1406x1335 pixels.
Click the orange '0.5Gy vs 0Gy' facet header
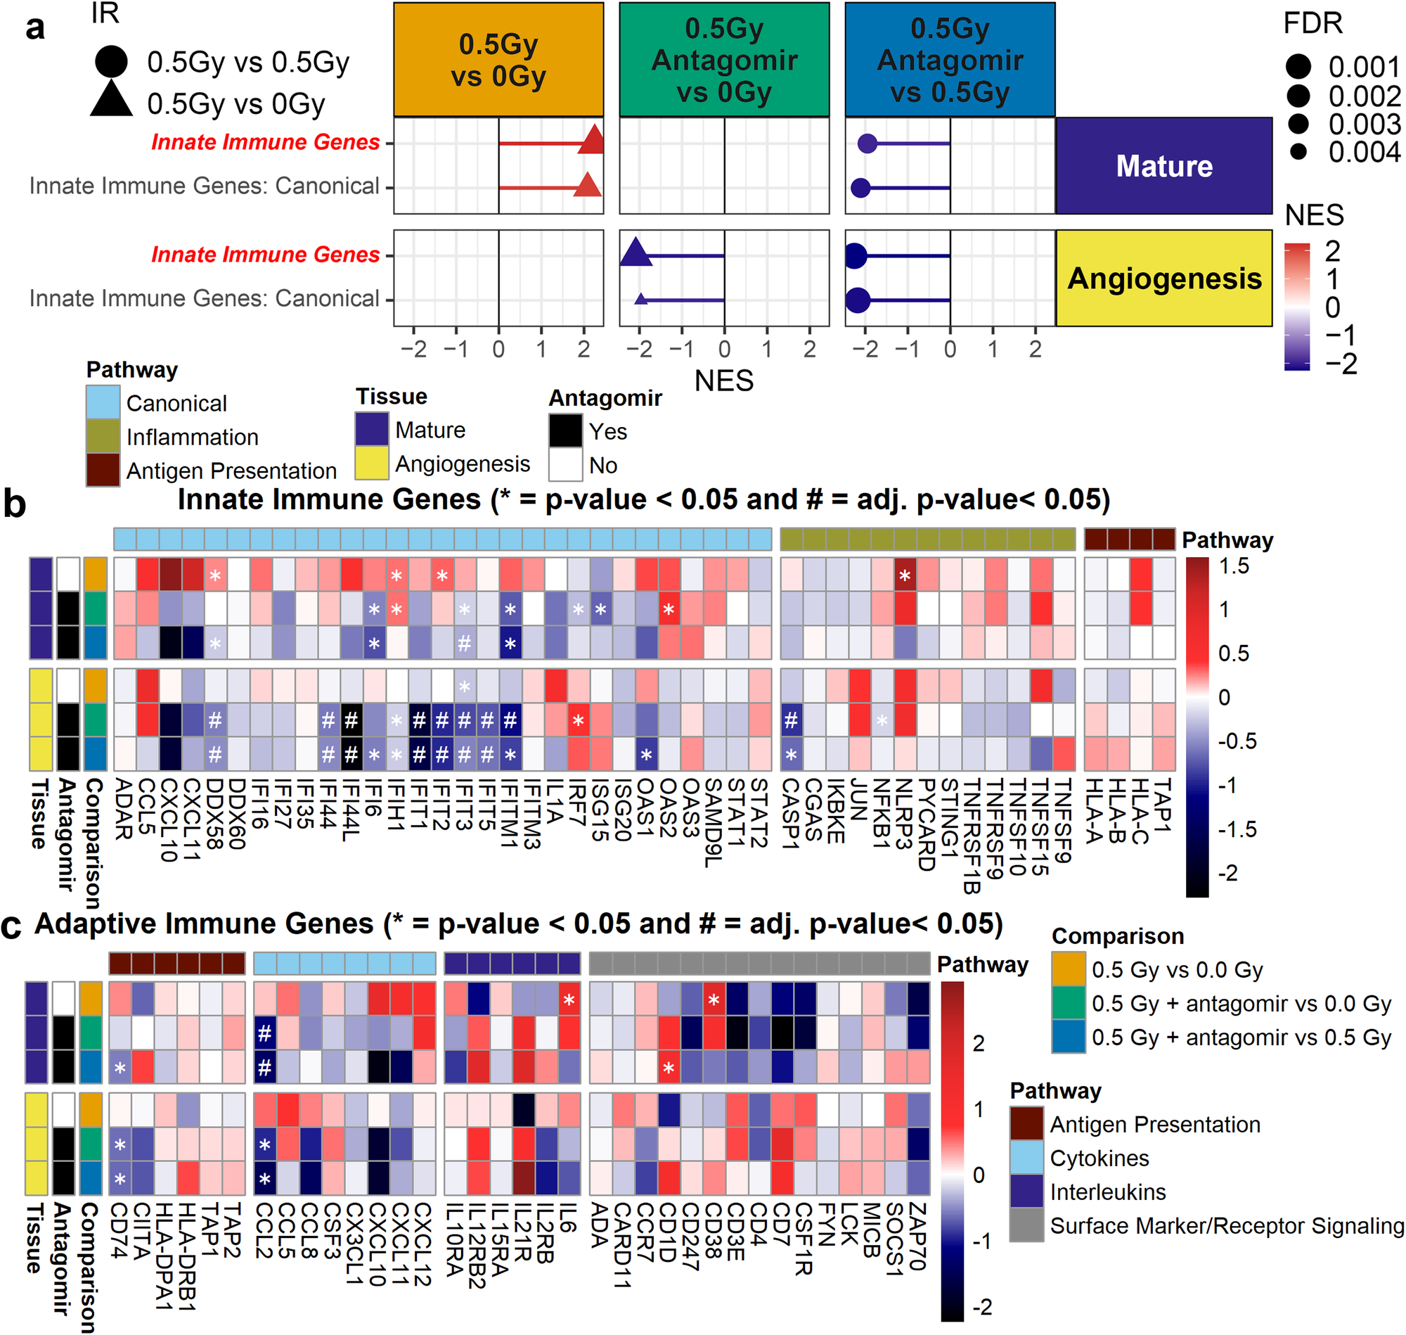pos(498,60)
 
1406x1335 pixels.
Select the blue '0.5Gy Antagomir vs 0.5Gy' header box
pos(950,60)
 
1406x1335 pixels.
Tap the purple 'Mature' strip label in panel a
pos(1163,166)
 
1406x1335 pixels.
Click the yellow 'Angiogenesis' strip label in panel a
pos(1163,279)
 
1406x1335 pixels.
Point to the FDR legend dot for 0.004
pos(1298,151)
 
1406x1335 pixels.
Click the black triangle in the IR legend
pos(111,100)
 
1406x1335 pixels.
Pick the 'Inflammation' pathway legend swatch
pos(103,436)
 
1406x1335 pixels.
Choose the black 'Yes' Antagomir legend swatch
pos(565,430)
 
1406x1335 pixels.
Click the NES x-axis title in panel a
pos(723,381)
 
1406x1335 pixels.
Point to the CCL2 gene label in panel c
pos(264,1231)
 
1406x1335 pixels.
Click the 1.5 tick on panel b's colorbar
pos(1234,566)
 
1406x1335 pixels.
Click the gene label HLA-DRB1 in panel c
pos(187,1257)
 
